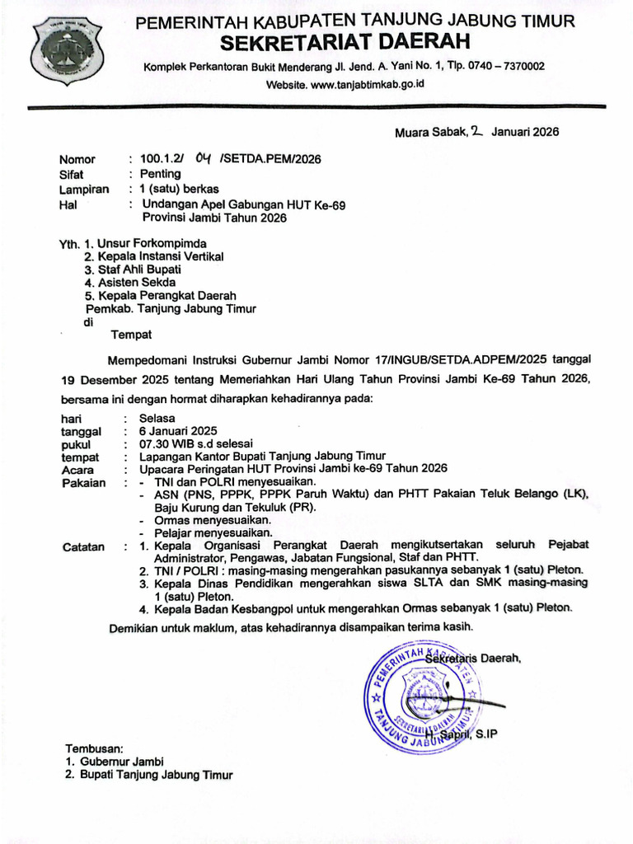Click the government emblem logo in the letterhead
66,54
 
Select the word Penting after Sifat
160,174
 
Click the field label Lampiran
83,190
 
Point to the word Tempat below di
132,335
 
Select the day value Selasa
157,419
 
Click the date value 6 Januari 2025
178,431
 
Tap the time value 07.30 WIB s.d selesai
196,443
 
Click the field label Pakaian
84,483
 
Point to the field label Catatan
83,547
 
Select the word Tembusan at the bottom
94,748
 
